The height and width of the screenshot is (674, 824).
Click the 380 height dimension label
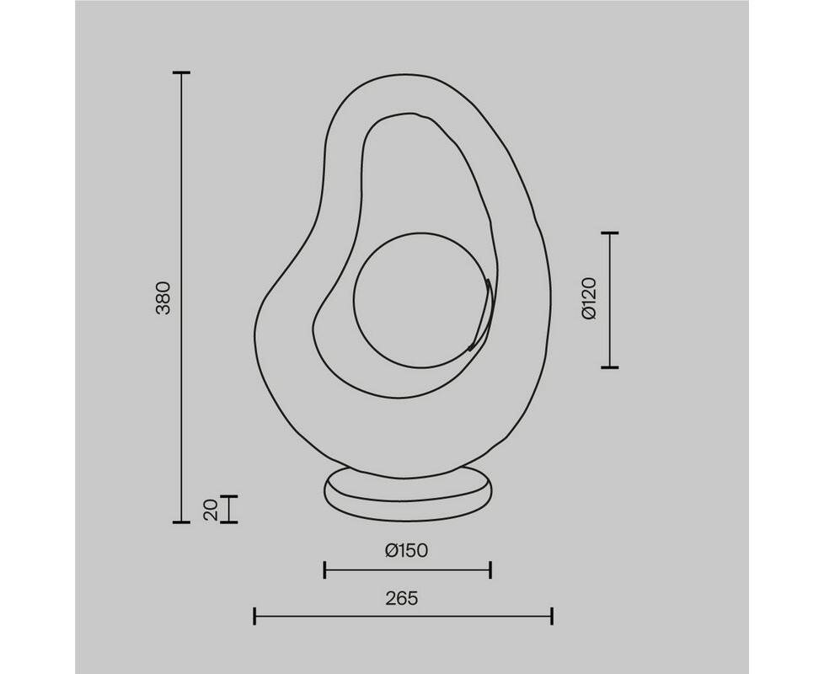pyautogui.click(x=164, y=298)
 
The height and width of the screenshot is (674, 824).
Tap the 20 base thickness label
pyautogui.click(x=211, y=510)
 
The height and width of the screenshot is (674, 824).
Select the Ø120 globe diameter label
pyautogui.click(x=590, y=298)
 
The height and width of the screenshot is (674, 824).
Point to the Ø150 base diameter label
pyautogui.click(x=406, y=550)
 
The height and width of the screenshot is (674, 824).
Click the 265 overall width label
pyautogui.click(x=402, y=598)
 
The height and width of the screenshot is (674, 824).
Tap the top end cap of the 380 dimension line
pyautogui.click(x=181, y=72)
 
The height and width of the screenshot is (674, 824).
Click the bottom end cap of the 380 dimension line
pyautogui.click(x=181, y=522)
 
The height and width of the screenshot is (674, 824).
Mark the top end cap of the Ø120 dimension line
pyautogui.click(x=609, y=233)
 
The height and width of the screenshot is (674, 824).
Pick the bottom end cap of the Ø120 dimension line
pyautogui.click(x=609, y=367)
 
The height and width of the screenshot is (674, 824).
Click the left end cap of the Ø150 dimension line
pyautogui.click(x=324, y=570)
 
